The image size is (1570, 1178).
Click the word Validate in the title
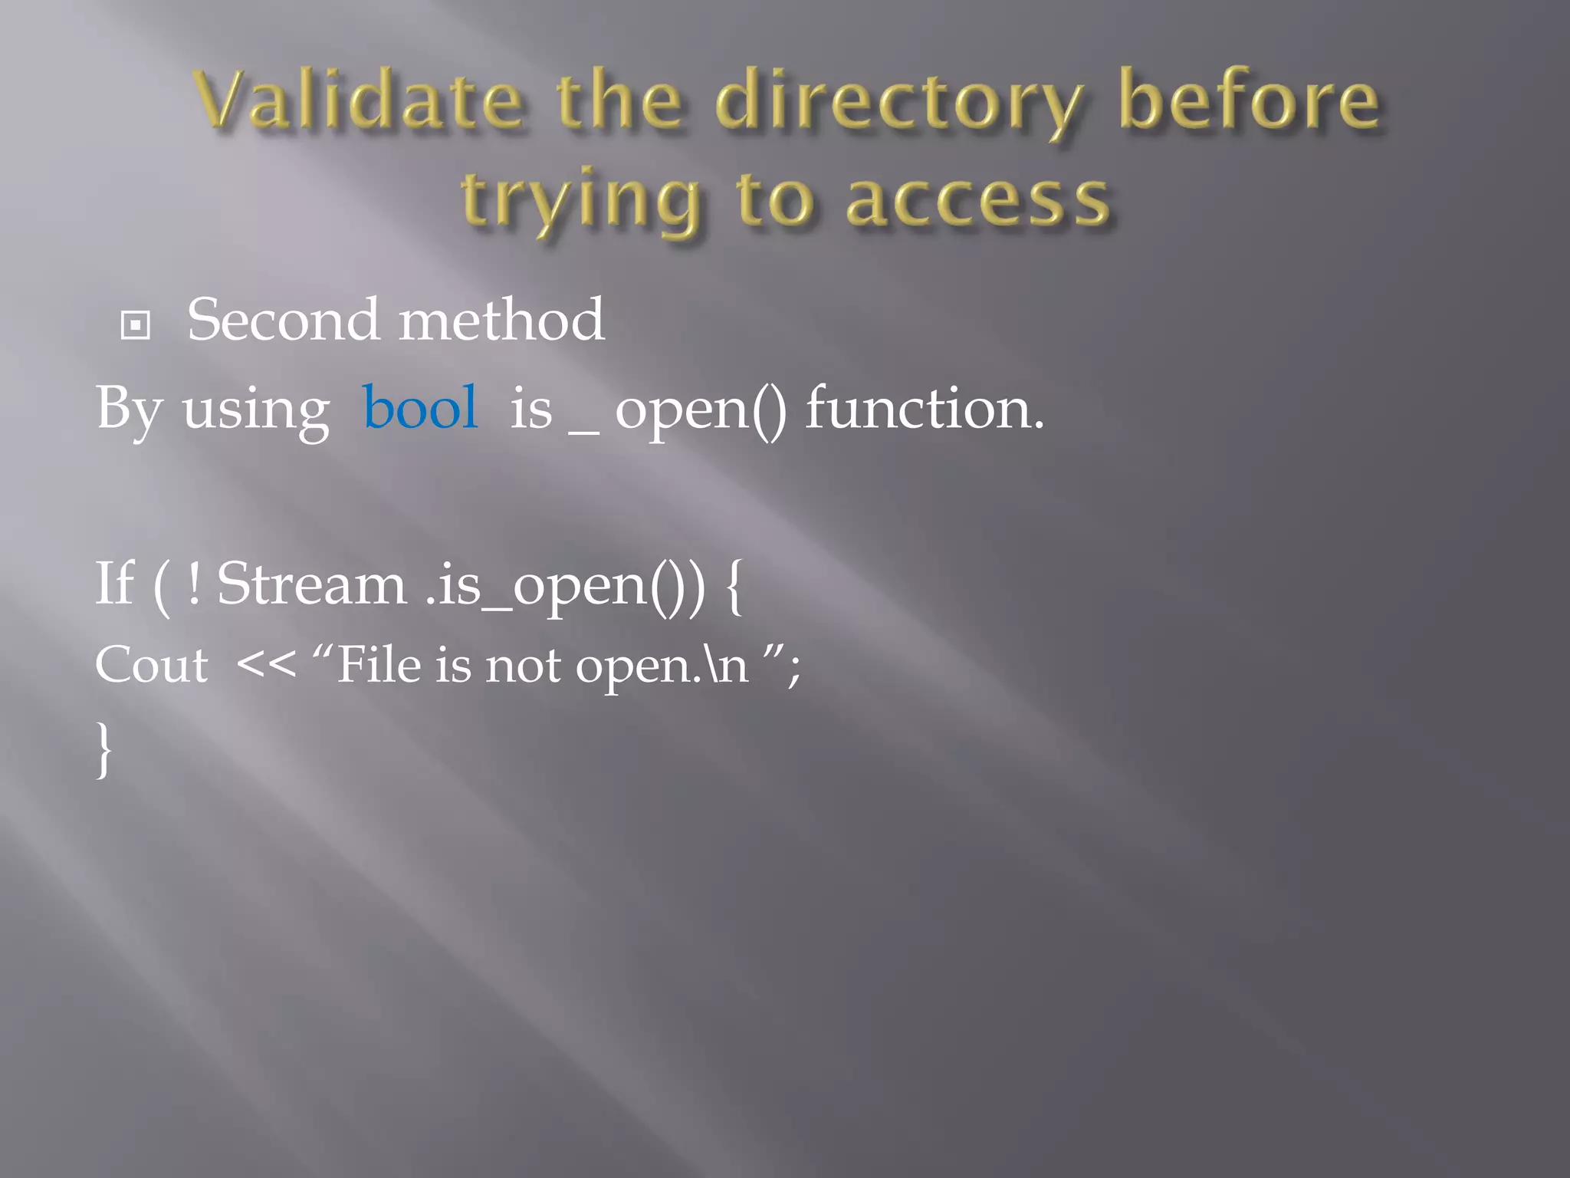pos(359,100)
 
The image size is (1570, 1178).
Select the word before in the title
pos(1250,100)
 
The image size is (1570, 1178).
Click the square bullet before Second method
pos(136,325)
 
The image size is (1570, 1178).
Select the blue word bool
pos(420,407)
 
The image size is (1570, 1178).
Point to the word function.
pos(923,407)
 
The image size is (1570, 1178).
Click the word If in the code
pos(115,584)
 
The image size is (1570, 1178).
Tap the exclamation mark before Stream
pos(194,584)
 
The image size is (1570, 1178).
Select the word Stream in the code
pos(311,584)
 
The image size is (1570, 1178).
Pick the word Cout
pos(151,664)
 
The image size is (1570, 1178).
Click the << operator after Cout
pos(266,664)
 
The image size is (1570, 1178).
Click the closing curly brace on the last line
pos(104,749)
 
